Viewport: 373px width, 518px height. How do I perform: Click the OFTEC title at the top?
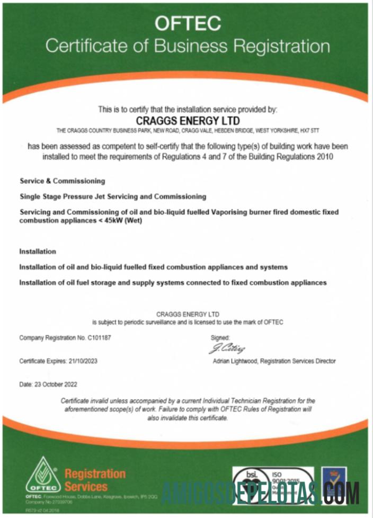tap(187, 23)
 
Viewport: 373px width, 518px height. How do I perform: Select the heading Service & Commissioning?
tap(62, 181)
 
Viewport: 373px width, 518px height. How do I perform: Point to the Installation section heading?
tap(38, 251)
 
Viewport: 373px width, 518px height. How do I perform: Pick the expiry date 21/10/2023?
tap(83, 361)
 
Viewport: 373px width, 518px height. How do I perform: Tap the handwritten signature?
tap(227, 349)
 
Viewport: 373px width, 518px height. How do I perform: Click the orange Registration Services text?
tap(95, 479)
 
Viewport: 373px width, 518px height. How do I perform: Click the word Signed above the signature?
tap(220, 337)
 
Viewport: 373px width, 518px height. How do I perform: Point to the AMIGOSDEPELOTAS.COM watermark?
tap(260, 493)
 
